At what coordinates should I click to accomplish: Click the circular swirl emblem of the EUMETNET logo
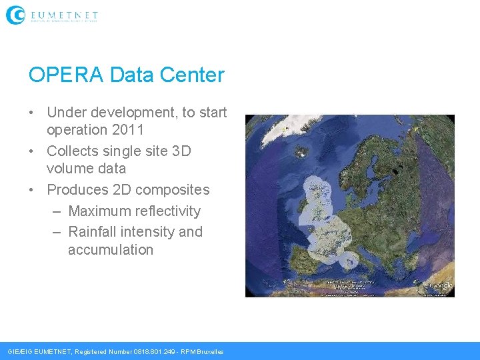point(15,15)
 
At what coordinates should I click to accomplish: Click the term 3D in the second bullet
point(181,151)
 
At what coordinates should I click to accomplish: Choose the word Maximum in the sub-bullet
point(99,211)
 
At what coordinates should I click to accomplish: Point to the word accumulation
point(111,250)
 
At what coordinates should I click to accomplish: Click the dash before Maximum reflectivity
point(56,211)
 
